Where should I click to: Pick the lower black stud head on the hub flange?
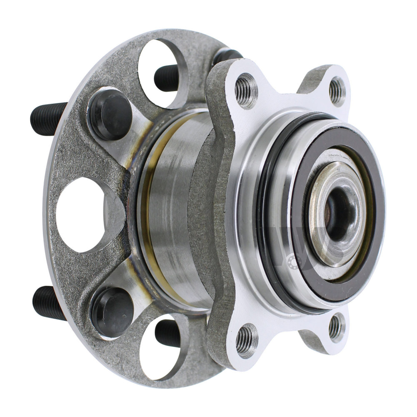click(112, 310)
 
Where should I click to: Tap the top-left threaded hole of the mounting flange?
click(246, 90)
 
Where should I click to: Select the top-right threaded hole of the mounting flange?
click(337, 90)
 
